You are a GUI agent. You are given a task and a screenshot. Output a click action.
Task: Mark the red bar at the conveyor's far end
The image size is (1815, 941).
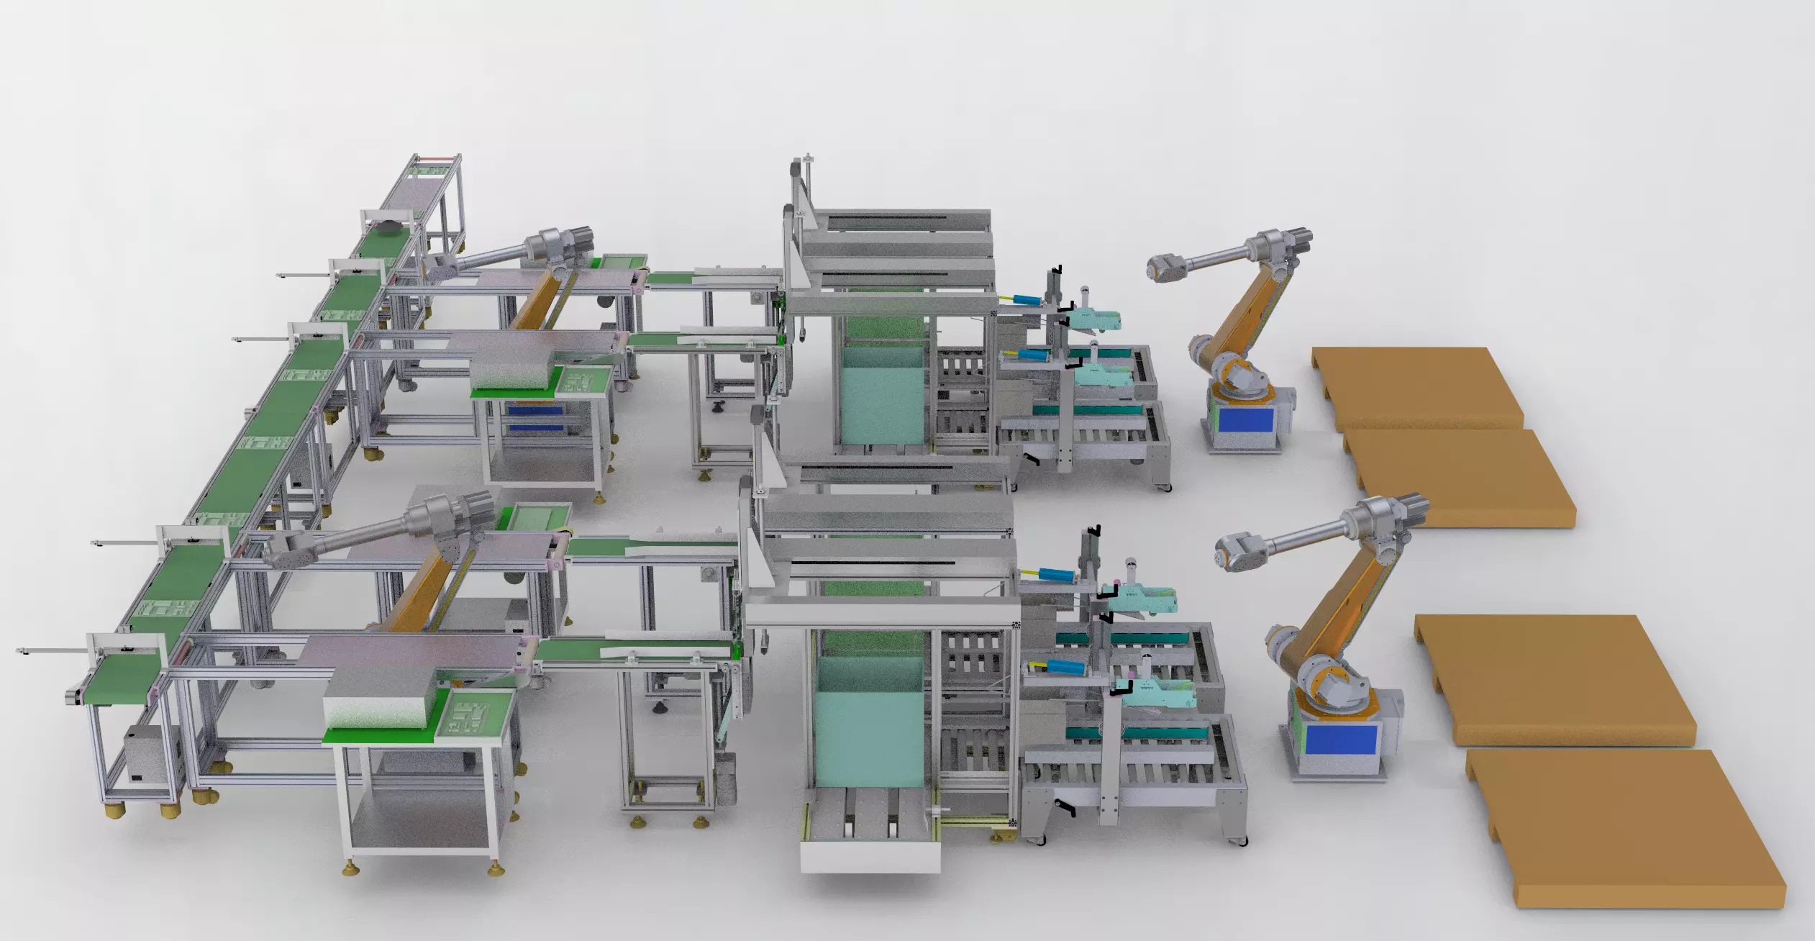click(x=439, y=158)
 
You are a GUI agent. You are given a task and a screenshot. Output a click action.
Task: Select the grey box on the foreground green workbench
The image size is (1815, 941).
click(x=381, y=701)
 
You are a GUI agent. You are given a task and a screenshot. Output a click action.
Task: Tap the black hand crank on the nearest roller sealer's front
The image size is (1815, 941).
click(x=1063, y=810)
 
